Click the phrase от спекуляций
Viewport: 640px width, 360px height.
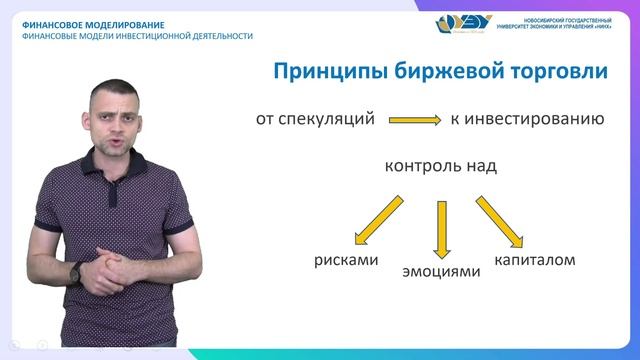point(315,119)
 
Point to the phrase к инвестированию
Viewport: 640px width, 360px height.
point(526,119)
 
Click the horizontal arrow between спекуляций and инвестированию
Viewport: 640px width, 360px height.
point(414,120)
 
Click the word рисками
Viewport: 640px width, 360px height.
point(346,261)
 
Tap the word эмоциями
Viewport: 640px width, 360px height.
point(435,271)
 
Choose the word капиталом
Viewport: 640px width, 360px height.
point(534,260)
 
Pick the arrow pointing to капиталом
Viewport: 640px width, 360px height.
point(500,220)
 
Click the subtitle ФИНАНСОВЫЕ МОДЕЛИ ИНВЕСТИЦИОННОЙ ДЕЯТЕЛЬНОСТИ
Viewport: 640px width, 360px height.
point(137,36)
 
